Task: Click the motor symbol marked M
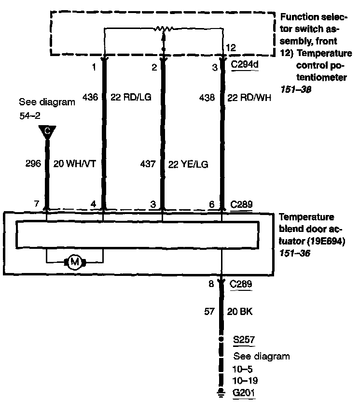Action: (75, 262)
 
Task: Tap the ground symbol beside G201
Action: (221, 392)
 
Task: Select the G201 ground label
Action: (243, 392)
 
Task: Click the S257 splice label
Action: (244, 340)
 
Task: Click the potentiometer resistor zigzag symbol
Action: (164, 29)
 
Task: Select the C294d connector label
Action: (245, 64)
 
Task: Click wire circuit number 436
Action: (90, 97)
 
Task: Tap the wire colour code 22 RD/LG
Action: (131, 97)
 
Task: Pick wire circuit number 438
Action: (207, 98)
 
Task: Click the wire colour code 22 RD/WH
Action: (249, 98)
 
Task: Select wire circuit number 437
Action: (148, 164)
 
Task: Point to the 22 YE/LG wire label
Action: (188, 164)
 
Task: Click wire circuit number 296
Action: (33, 163)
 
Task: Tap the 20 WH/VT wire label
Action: (74, 164)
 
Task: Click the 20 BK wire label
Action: (240, 312)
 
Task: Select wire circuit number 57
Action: (209, 311)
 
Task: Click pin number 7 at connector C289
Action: (37, 203)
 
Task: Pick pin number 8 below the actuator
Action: (211, 284)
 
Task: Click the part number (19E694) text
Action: (326, 241)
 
